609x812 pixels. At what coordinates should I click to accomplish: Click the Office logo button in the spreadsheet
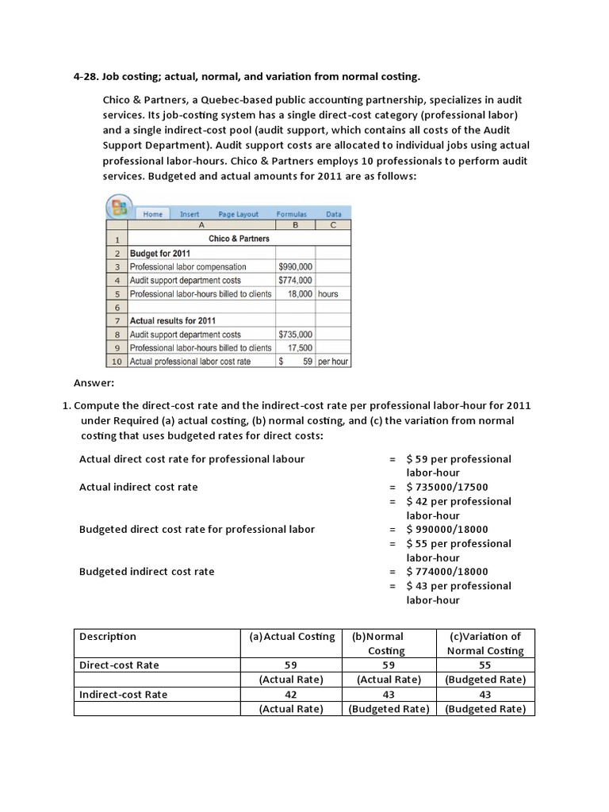pyautogui.click(x=119, y=209)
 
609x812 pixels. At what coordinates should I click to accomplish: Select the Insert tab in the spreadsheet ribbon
pyautogui.click(x=190, y=214)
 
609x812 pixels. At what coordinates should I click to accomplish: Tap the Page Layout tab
pyautogui.click(x=238, y=214)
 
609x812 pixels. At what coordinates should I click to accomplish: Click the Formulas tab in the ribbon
pyautogui.click(x=291, y=214)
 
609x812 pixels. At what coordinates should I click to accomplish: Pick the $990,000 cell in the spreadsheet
pyautogui.click(x=295, y=266)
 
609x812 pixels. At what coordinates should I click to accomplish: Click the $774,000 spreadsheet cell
pyautogui.click(x=295, y=280)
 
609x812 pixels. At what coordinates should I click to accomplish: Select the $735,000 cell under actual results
pyautogui.click(x=295, y=335)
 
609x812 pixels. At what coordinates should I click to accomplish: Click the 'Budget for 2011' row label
pyautogui.click(x=159, y=253)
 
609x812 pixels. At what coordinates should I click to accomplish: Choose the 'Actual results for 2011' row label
pyautogui.click(x=172, y=321)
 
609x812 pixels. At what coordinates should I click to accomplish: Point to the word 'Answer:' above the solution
pyautogui.click(x=94, y=383)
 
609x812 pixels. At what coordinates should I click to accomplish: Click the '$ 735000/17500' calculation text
pyautogui.click(x=446, y=487)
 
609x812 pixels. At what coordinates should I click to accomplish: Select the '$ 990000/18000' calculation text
pyautogui.click(x=446, y=529)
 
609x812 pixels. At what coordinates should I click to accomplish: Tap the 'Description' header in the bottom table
pyautogui.click(x=108, y=636)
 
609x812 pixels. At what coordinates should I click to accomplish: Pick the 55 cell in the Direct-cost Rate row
pyautogui.click(x=485, y=665)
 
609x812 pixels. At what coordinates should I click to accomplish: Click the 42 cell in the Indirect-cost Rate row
pyautogui.click(x=291, y=694)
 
